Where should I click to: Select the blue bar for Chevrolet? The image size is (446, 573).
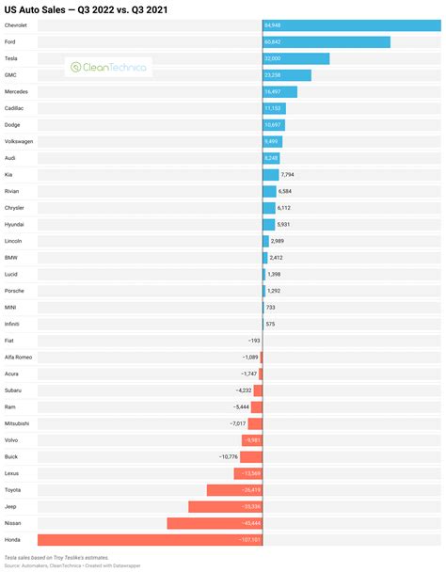(352, 25)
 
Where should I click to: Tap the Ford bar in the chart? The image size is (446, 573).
(326, 41)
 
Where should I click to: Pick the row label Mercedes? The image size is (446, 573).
(18, 91)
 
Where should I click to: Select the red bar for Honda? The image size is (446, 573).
(150, 540)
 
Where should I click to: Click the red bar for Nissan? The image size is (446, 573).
(215, 523)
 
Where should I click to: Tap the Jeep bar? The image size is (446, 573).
(225, 506)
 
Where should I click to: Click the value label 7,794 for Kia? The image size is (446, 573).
(290, 174)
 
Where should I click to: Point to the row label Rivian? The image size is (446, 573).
(15, 191)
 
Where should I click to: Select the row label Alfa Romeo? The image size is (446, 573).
(18, 357)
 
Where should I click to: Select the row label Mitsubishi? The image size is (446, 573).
(18, 423)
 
